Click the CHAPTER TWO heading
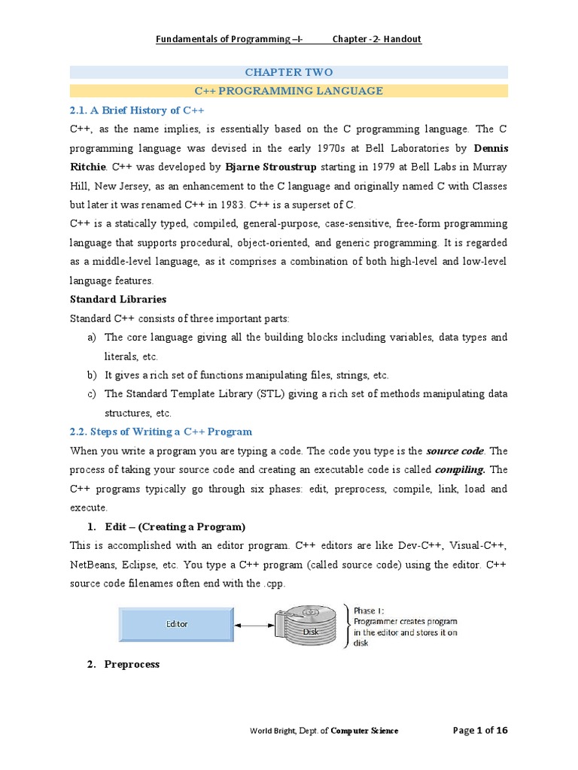click(289, 72)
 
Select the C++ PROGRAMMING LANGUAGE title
click(289, 91)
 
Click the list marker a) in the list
click(93, 337)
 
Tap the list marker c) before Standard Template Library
click(93, 394)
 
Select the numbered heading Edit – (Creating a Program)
click(175, 526)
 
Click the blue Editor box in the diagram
click(176, 624)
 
